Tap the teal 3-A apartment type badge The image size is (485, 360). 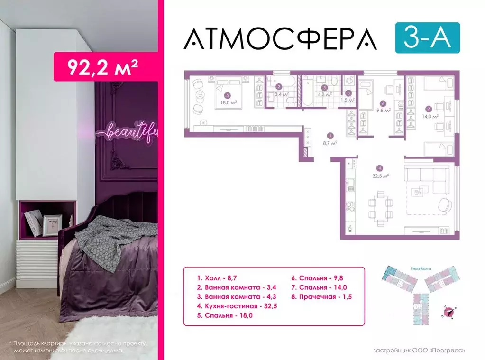coord(427,37)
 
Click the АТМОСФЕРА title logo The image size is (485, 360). coord(280,38)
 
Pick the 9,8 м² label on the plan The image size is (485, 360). coord(384,110)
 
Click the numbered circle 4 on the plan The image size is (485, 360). coord(379,167)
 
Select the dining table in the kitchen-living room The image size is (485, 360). coord(380,205)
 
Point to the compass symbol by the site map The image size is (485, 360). coord(448,311)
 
